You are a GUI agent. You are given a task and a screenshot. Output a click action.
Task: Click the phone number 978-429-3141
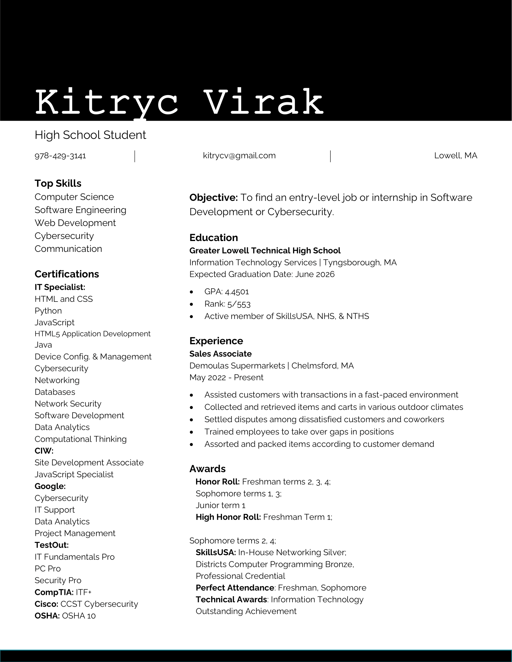pyautogui.click(x=60, y=156)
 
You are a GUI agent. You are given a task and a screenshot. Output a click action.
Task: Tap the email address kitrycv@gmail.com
pyautogui.click(x=239, y=156)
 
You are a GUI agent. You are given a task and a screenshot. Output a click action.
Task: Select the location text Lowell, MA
pyautogui.click(x=456, y=156)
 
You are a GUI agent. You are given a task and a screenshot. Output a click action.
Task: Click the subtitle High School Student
pyautogui.click(x=90, y=135)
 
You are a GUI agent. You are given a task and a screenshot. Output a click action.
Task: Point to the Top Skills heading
pyautogui.click(x=58, y=183)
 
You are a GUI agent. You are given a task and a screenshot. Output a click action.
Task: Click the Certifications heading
pyautogui.click(x=67, y=274)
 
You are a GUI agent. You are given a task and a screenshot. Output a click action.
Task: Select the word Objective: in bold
pyautogui.click(x=214, y=198)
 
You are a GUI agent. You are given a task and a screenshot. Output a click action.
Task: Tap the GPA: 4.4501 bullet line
pyautogui.click(x=226, y=292)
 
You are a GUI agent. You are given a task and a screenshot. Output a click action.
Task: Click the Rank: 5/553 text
pyautogui.click(x=227, y=304)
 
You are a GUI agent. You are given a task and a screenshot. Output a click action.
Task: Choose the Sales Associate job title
pyautogui.click(x=220, y=354)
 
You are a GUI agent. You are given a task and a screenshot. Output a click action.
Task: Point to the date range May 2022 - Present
pyautogui.click(x=226, y=377)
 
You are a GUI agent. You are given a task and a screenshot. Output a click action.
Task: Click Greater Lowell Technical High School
pyautogui.click(x=265, y=251)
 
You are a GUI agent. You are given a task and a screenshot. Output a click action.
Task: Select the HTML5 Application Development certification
pyautogui.click(x=92, y=334)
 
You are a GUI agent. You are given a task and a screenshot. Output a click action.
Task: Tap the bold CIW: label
pyautogui.click(x=44, y=451)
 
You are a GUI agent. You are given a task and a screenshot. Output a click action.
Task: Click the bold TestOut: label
pyautogui.click(x=52, y=545)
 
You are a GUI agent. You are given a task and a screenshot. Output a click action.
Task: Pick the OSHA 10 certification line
pyautogui.click(x=65, y=616)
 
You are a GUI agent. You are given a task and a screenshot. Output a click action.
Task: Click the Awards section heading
pyautogui.click(x=208, y=469)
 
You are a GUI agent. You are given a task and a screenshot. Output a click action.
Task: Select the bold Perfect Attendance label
pyautogui.click(x=235, y=588)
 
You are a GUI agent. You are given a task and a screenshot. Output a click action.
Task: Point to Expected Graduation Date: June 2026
pyautogui.click(x=262, y=274)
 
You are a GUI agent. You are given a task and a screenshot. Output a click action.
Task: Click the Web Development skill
pyautogui.click(x=75, y=223)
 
